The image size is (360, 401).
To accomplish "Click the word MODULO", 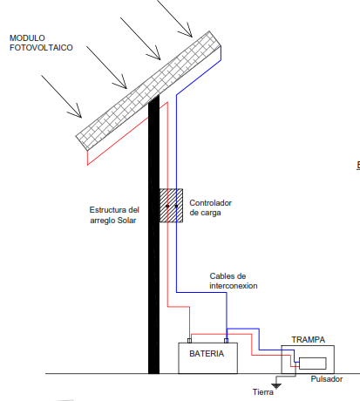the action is tap(27, 38).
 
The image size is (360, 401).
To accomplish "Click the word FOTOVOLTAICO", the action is tap(41, 48).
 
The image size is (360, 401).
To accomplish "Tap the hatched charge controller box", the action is tap(171, 206).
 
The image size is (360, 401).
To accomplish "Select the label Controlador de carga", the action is tap(210, 207).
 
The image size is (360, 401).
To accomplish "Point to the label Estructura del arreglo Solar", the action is tap(114, 215).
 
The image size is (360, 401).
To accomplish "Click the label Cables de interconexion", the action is tap(234, 281).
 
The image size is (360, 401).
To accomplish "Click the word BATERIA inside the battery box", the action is tap(207, 354).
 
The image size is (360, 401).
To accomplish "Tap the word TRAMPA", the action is tap(309, 340).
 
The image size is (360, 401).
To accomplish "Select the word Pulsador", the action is tap(327, 379).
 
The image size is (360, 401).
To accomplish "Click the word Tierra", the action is tap(263, 392).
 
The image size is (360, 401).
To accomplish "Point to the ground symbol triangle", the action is tap(276, 386).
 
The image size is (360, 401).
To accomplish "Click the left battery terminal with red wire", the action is tap(189, 341).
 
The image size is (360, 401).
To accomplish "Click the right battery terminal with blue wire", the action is tap(227, 341).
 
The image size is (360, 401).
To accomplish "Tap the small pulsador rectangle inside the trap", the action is tap(313, 364).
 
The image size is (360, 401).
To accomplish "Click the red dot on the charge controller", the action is tap(167, 206).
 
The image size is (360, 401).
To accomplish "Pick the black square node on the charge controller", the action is tap(176, 206).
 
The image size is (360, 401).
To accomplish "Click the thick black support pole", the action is tap(153, 234).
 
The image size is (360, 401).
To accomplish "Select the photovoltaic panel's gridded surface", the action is tap(148, 91).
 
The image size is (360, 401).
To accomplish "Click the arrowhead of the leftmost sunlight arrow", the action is tap(78, 113).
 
